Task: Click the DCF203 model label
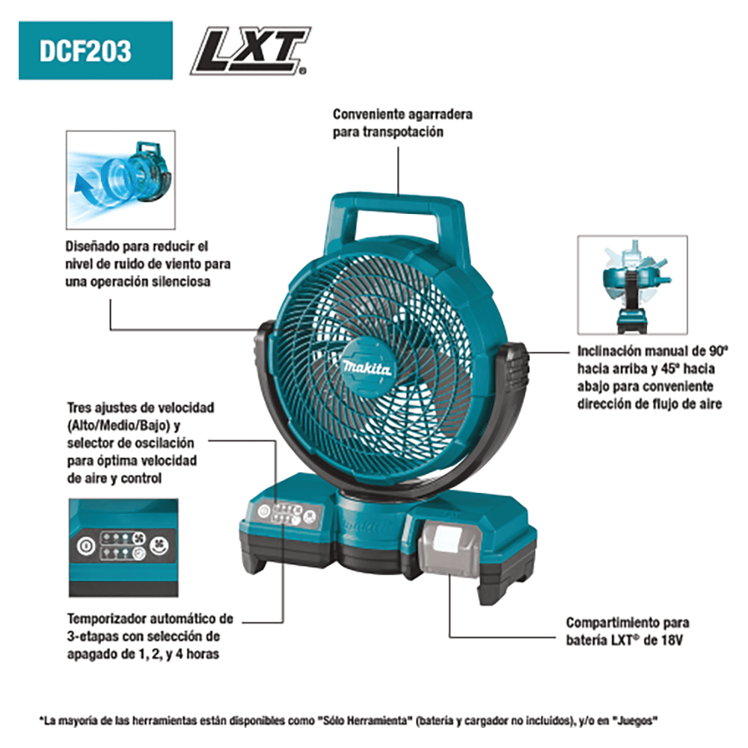(x=95, y=51)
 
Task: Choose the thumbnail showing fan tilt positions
(x=632, y=285)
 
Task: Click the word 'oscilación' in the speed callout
(x=165, y=443)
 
